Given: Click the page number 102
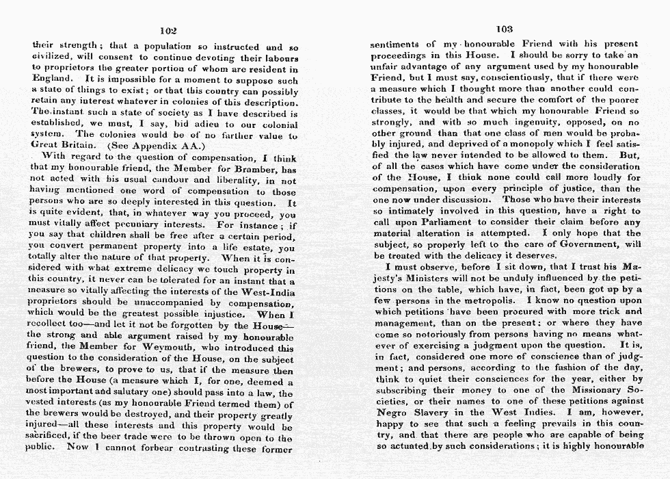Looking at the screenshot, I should (x=168, y=31).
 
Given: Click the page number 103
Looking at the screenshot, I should (x=505, y=29).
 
